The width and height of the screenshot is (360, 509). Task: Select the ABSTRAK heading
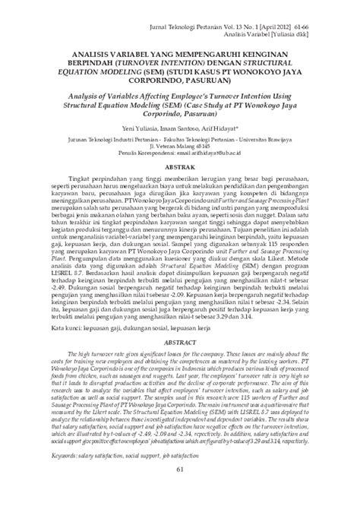[179, 186]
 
